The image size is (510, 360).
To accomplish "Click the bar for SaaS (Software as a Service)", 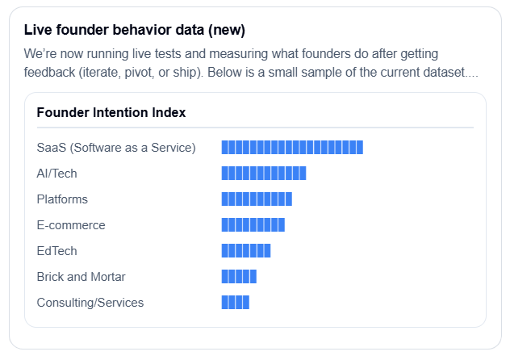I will tap(292, 147).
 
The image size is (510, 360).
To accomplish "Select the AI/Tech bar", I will tap(264, 173).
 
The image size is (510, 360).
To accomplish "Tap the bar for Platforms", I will tap(257, 199).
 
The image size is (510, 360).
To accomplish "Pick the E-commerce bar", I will tap(253, 224).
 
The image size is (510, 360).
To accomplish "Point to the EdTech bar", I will tap(246, 250).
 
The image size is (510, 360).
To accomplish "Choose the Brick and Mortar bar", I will tap(239, 276).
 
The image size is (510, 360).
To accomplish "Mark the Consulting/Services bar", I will tap(236, 302).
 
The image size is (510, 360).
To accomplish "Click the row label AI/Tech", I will tap(57, 174).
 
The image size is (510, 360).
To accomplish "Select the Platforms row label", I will tap(62, 199).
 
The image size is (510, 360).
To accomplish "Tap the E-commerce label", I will tap(71, 225).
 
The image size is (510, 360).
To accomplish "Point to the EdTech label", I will tap(57, 251).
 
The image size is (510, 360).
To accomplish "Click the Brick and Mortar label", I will tap(82, 277).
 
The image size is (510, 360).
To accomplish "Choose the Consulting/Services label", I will tap(90, 303).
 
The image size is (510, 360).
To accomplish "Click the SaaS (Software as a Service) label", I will tap(116, 148).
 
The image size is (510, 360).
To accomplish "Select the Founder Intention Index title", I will tap(111, 112).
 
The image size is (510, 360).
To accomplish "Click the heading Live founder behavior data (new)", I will tap(135, 30).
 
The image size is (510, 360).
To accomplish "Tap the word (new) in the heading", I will tap(227, 30).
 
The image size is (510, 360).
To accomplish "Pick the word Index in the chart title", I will tap(169, 112).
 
